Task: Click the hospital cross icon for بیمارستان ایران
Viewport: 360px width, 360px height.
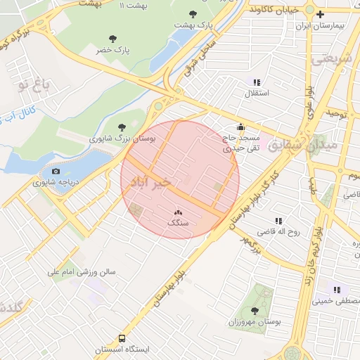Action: [321, 14]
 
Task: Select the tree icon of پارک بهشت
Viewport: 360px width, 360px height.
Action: [193, 14]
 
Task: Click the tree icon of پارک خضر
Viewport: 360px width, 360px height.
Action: [112, 39]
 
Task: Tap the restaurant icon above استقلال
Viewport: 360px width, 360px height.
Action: [257, 82]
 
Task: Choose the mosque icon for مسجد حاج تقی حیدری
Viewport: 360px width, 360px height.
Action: [241, 127]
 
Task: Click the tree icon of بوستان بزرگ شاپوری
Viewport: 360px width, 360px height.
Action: [123, 127]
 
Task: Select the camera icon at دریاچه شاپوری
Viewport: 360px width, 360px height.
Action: [56, 171]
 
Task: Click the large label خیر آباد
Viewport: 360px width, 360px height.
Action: [153, 181]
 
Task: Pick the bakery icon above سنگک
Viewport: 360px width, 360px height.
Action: [177, 212]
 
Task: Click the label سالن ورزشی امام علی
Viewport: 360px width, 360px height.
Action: [81, 271]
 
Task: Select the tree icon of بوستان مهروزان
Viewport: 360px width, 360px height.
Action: [255, 310]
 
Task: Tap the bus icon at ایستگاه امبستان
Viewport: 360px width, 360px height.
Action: [123, 338]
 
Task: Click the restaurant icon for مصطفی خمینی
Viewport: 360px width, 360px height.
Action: [337, 290]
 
